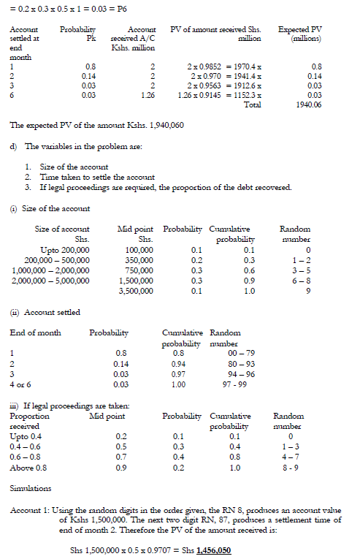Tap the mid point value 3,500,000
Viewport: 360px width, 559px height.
coord(136,290)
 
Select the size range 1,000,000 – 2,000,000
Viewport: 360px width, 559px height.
coord(55,270)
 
